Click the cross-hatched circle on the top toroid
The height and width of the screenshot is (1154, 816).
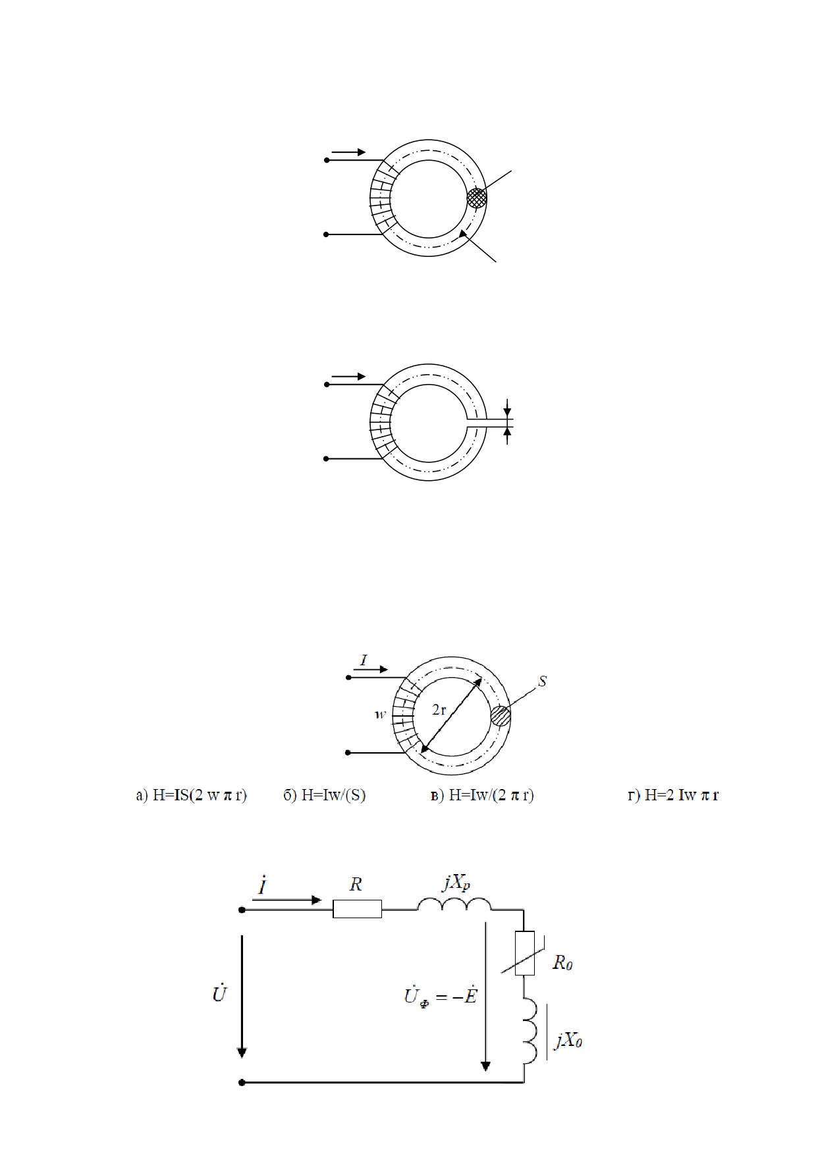(x=477, y=198)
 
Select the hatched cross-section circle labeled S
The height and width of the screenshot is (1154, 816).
(x=501, y=716)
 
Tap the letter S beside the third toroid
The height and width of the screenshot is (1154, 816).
(x=543, y=682)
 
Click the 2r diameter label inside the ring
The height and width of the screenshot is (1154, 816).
(x=439, y=711)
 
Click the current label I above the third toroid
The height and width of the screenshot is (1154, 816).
(x=364, y=660)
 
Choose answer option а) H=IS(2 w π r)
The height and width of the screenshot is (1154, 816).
(x=192, y=796)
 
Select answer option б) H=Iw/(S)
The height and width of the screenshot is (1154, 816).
(x=325, y=796)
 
